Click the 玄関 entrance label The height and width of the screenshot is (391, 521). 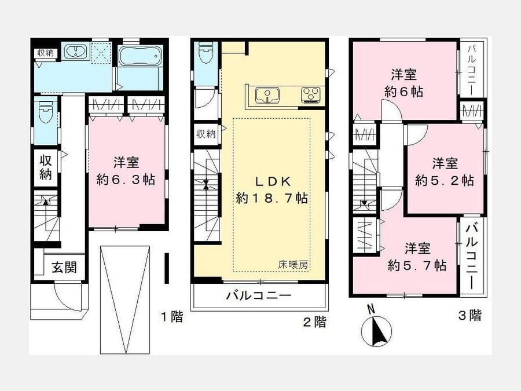64,267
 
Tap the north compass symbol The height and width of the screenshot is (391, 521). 376,328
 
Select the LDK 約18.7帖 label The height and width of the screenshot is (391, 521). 272,190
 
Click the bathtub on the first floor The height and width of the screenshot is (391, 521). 140,56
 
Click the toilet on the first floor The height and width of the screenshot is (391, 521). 46,113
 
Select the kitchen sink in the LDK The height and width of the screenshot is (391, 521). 267,95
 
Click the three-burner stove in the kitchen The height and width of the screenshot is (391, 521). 311,95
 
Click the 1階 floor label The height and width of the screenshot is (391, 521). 171,316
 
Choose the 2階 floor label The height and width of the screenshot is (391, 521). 314,322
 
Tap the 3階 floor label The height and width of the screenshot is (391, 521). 470,315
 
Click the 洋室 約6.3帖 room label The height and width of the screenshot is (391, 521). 126,171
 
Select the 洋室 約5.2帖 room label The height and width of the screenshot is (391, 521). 444,172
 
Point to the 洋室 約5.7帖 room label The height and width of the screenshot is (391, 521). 417,257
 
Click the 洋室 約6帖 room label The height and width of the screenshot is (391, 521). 403,83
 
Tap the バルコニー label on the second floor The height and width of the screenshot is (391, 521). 259,295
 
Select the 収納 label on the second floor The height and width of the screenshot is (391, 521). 206,134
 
